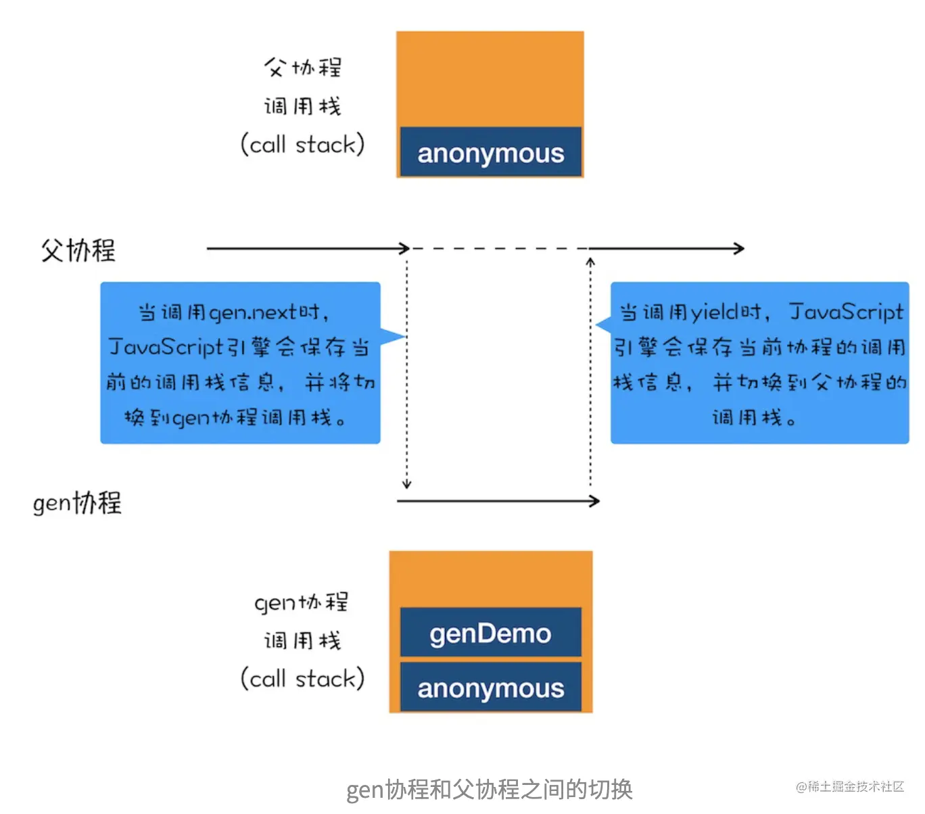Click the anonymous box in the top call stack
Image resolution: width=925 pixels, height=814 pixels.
point(490,153)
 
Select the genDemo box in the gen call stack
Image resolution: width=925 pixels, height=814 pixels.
point(490,633)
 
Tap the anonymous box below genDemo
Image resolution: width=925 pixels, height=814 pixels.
point(490,688)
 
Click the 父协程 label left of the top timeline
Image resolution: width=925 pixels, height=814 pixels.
point(78,250)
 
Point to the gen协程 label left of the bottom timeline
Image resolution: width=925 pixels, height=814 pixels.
point(77,503)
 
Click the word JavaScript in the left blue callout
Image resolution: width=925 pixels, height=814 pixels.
point(166,347)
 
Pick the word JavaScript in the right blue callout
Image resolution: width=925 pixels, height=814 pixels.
point(846,312)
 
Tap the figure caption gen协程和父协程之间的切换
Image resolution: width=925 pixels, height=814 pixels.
point(489,789)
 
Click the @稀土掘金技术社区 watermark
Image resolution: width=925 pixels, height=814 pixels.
point(849,786)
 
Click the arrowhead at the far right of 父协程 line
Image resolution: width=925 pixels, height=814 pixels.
point(740,249)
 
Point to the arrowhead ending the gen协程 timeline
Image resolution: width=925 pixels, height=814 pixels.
point(595,501)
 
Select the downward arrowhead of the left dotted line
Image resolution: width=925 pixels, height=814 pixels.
point(406,483)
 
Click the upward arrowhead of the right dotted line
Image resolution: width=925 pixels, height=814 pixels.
point(590,262)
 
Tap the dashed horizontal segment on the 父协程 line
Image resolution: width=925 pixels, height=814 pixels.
point(499,249)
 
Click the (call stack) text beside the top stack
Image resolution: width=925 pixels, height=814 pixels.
point(302,144)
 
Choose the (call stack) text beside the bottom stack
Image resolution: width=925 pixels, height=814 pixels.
point(302,678)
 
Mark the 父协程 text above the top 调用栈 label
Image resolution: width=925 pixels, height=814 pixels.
point(303,67)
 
